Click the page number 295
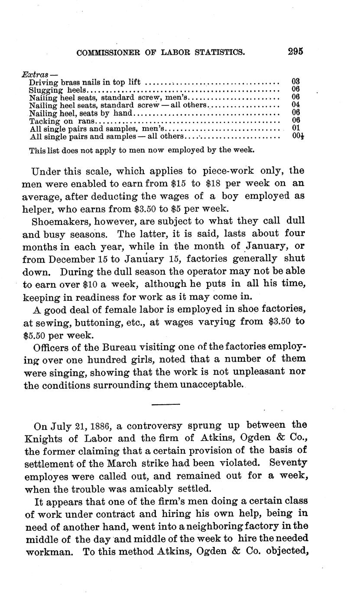pos(295,51)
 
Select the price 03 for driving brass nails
pos(296,81)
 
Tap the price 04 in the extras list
pos(296,104)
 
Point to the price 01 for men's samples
pos(296,128)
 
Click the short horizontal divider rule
pos(166,404)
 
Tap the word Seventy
pos(288,463)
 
